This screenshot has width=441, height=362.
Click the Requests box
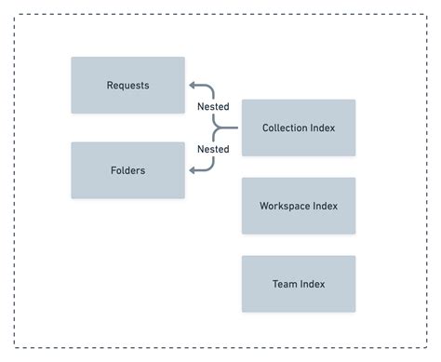[127, 85]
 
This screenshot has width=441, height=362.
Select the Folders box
[127, 170]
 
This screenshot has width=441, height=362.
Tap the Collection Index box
[298, 127]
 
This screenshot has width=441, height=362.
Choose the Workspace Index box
[298, 206]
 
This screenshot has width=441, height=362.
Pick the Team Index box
[298, 284]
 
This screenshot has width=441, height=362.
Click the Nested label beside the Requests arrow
[213, 106]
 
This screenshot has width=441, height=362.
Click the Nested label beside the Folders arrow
[213, 149]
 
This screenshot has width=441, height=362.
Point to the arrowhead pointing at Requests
[193, 85]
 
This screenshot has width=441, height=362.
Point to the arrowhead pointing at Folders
[193, 170]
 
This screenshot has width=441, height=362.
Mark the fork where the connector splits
[223, 127]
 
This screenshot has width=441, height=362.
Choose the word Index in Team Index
[312, 284]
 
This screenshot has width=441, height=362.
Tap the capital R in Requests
[110, 85]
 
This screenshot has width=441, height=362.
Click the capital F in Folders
[114, 170]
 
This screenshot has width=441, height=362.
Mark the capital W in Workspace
[263, 206]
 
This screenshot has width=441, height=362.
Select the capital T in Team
[275, 284]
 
